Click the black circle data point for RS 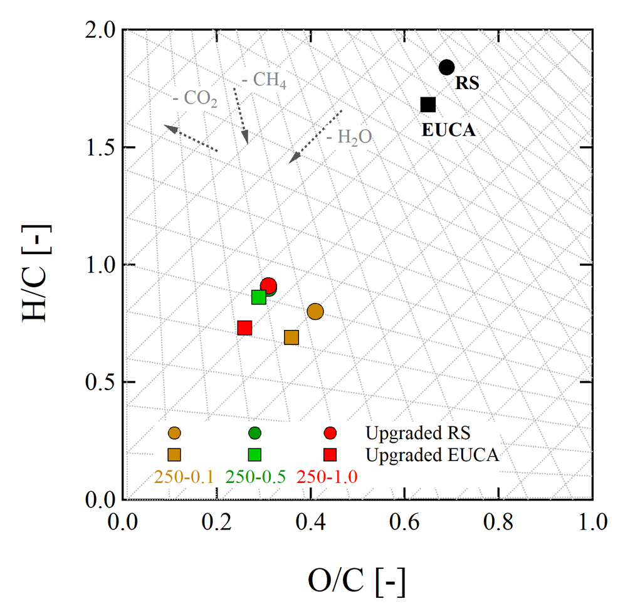pyautogui.click(x=446, y=67)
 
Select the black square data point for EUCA pyautogui.click(x=428, y=105)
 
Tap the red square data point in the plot pyautogui.click(x=244, y=327)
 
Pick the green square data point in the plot pyautogui.click(x=258, y=297)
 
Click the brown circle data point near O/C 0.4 pyautogui.click(x=315, y=311)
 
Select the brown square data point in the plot pyautogui.click(x=291, y=337)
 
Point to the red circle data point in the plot pyautogui.click(x=268, y=286)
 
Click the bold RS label pyautogui.click(x=467, y=83)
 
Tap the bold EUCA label pyautogui.click(x=448, y=131)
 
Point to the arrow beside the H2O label pyautogui.click(x=315, y=136)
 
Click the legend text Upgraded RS pyautogui.click(x=418, y=433)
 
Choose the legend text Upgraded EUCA pyautogui.click(x=432, y=455)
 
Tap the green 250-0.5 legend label pyautogui.click(x=256, y=476)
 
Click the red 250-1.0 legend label pyautogui.click(x=327, y=476)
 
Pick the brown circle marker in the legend pyautogui.click(x=174, y=433)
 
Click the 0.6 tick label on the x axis pyautogui.click(x=404, y=521)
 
